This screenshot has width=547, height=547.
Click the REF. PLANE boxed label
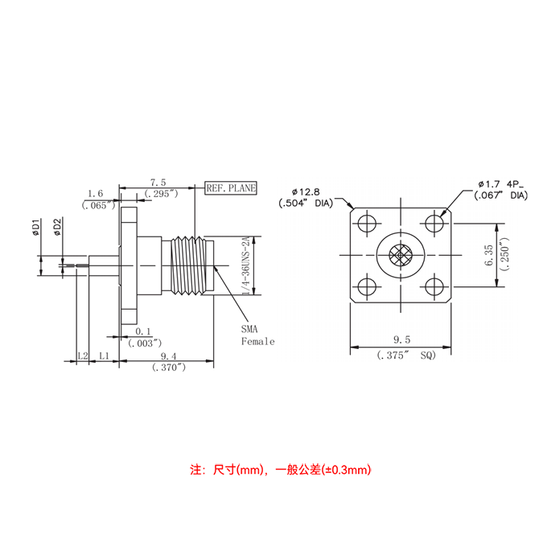231,187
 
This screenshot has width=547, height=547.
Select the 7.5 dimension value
158,183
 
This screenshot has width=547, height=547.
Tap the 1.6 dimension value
95,193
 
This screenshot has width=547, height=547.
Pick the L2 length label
82,355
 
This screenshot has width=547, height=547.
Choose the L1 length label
104,355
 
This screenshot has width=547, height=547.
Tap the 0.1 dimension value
144,331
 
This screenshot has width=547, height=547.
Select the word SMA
251,330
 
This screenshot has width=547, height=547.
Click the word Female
258,342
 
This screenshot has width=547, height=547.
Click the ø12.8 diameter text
306,191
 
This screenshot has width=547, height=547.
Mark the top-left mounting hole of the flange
367,223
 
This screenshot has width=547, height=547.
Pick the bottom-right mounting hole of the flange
435,287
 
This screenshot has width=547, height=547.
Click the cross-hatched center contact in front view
401,256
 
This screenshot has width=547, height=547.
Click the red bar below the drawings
280,470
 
